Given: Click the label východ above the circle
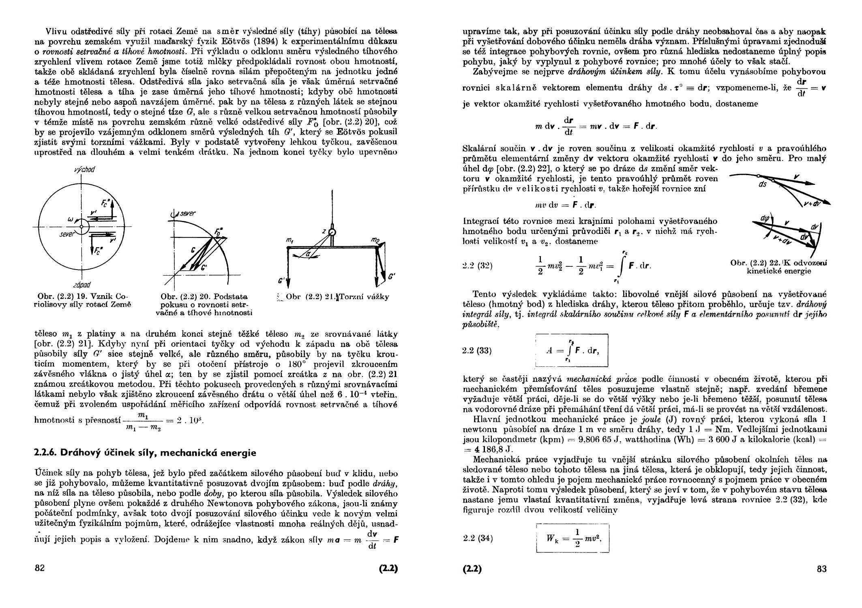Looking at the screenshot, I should (x=85, y=170).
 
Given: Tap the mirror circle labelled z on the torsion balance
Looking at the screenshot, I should (x=332, y=233).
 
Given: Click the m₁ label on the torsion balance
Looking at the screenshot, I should (x=289, y=241).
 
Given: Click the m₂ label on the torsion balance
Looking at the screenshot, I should (x=375, y=241).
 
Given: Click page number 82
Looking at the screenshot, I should (x=40, y=568).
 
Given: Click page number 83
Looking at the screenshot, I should (x=821, y=569).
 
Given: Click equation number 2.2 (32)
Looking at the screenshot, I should (x=477, y=266).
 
